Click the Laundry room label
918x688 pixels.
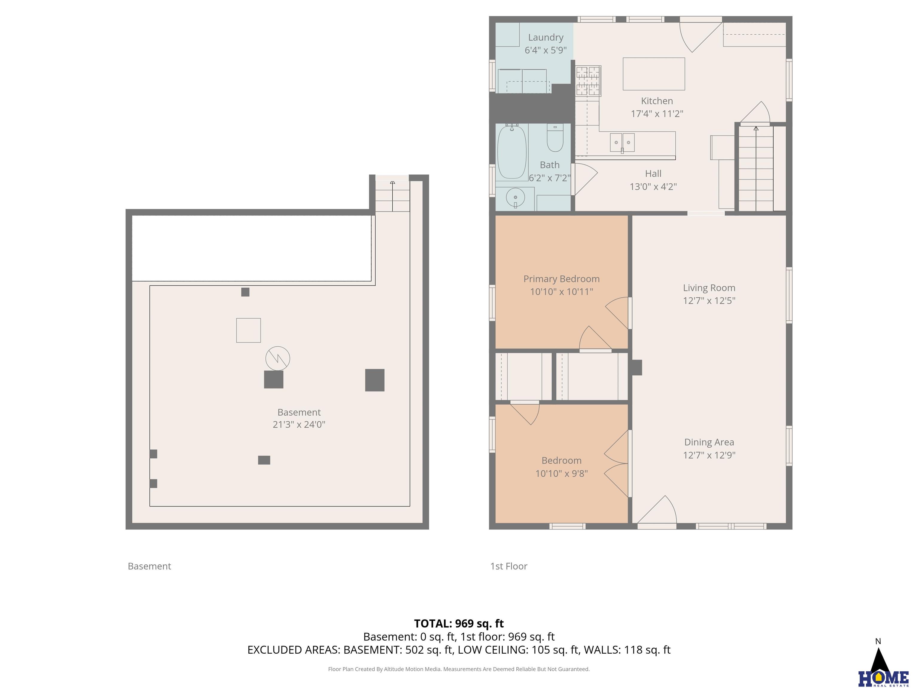tap(545, 37)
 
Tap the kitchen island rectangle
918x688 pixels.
tap(654, 74)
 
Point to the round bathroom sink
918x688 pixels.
tap(515, 198)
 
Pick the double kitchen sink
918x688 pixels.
tap(622, 143)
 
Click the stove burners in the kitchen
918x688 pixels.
tap(588, 81)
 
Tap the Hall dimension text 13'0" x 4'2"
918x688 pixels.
tap(653, 187)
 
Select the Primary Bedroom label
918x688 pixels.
tap(561, 279)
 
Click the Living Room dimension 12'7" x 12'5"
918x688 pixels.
tap(709, 301)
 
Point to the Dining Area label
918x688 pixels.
tap(709, 442)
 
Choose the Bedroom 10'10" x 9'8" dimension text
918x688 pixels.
tap(561, 474)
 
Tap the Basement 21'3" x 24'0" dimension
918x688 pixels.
tap(299, 424)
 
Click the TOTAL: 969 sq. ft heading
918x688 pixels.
tap(459, 623)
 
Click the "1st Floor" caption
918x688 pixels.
tap(509, 566)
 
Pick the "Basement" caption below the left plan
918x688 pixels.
tap(149, 566)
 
